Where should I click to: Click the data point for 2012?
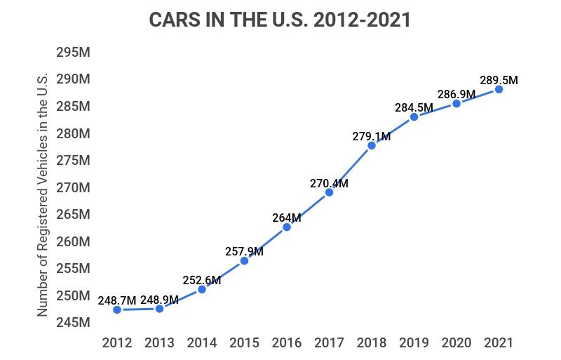pos(116,309)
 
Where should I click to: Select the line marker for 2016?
pos(286,227)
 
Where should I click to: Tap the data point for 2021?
pos(499,89)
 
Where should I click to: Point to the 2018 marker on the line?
pos(372,145)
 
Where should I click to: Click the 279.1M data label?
pos(372,136)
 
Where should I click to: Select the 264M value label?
pos(287,217)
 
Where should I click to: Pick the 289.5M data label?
pos(499,80)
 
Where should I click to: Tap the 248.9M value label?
pos(159,300)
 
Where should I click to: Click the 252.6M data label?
pos(202,280)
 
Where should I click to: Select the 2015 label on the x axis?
pos(244,343)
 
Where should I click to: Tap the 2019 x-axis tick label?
pos(414,343)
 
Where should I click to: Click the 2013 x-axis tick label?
pos(159,343)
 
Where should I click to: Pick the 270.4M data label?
pos(329,183)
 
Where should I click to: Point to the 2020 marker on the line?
pos(457,103)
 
